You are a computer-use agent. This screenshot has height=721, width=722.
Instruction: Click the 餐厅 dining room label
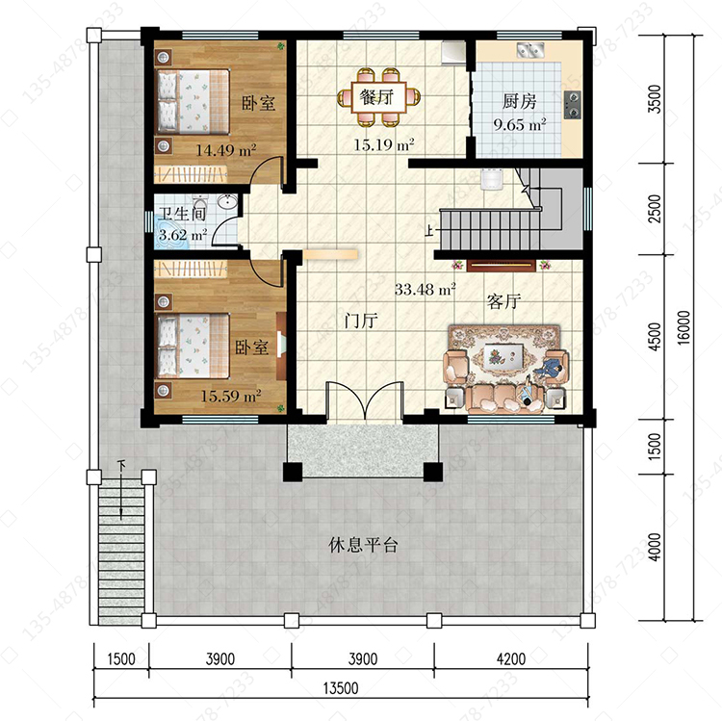376,97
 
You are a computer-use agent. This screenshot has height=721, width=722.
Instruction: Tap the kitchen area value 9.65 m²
520,124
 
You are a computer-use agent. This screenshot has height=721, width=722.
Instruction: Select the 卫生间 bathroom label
182,214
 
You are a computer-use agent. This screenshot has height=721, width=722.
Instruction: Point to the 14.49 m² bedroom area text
226,150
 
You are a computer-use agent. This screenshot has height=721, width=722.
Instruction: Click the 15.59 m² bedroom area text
231,396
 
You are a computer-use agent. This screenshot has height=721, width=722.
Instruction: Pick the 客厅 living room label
503,301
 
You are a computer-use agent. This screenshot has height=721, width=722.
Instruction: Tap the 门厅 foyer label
361,320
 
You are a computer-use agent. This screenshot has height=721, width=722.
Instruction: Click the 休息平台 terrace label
363,545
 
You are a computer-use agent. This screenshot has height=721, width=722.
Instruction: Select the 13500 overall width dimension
341,688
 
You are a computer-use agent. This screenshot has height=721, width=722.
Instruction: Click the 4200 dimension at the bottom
511,658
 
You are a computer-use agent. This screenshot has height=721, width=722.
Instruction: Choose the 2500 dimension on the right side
655,209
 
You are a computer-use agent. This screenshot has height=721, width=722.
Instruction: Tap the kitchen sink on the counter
530,49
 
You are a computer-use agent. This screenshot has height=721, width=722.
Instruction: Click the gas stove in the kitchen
573,105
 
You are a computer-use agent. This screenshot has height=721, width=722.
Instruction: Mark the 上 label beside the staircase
429,230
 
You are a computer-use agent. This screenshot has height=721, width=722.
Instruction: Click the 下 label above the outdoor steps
121,465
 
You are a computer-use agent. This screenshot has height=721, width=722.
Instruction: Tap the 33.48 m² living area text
425,289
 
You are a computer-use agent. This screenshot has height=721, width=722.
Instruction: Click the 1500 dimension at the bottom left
121,658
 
